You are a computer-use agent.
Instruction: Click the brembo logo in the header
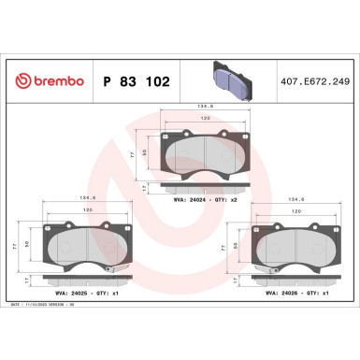click(x=47, y=81)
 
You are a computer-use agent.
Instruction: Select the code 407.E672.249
click(x=307, y=82)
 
